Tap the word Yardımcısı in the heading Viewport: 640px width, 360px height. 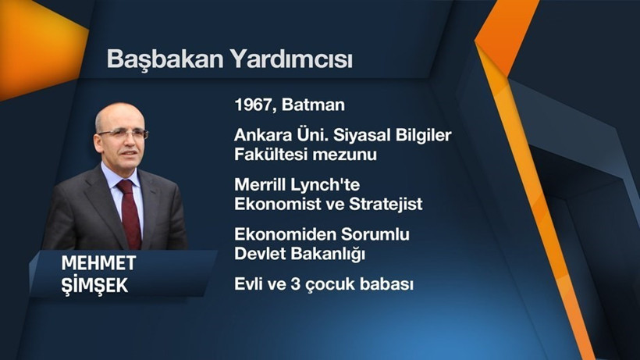point(290,59)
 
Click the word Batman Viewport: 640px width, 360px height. point(316,105)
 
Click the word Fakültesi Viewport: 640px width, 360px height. point(271,155)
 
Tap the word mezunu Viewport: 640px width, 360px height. point(345,155)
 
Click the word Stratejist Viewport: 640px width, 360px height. point(382,205)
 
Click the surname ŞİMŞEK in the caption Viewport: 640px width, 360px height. point(94,286)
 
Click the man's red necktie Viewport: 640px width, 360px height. point(128,211)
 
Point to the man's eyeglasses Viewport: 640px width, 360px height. point(122,134)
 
